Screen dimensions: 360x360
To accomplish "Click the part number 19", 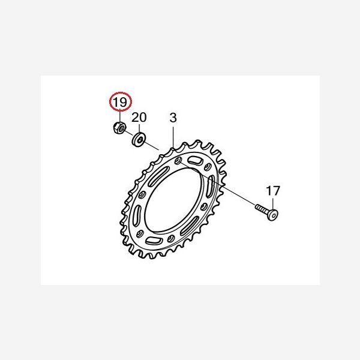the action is pyautogui.click(x=121, y=102).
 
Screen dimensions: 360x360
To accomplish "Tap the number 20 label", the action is pyautogui.click(x=139, y=118).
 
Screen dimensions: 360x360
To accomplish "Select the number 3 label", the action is pyautogui.click(x=173, y=118).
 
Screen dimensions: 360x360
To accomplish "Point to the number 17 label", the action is pyautogui.click(x=273, y=191).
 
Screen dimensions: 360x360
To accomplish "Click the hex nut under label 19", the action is pyautogui.click(x=119, y=128).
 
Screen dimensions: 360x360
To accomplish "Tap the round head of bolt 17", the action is pyautogui.click(x=272, y=215).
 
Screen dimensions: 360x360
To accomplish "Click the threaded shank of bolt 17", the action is pyautogui.click(x=262, y=209).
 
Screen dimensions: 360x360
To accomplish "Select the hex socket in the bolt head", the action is pyautogui.click(x=274, y=215).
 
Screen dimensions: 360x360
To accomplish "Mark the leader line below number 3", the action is pyautogui.click(x=173, y=136).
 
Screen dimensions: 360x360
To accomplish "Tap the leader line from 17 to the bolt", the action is pyautogui.click(x=273, y=203).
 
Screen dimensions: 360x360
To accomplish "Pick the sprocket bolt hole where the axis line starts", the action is pyautogui.click(x=178, y=161).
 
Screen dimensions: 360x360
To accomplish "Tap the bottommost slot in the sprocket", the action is pyautogui.click(x=154, y=240).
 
